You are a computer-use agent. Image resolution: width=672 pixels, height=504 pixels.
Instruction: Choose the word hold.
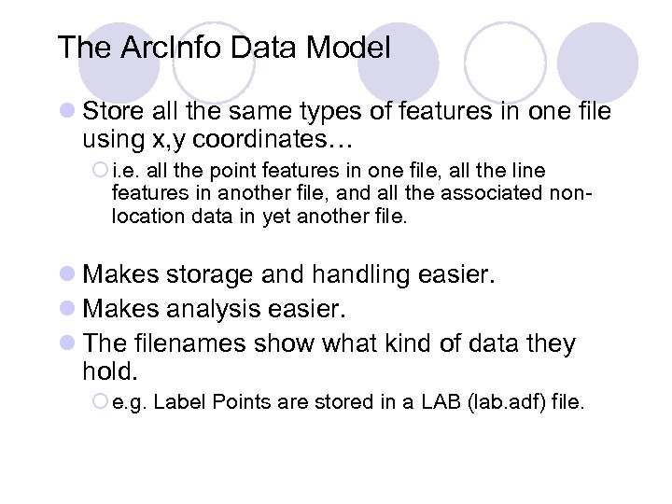(x=109, y=371)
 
